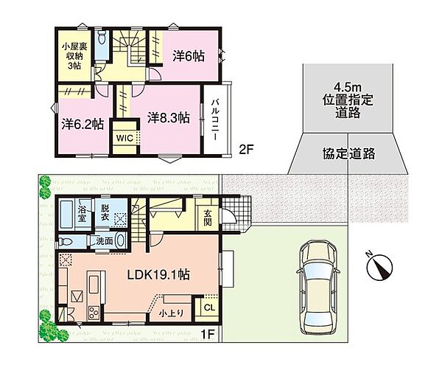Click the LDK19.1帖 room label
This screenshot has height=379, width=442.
[x=158, y=274]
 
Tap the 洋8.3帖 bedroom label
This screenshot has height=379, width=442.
[x=169, y=118]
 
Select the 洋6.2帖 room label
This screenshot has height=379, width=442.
[x=83, y=124]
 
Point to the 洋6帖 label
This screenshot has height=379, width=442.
[x=189, y=57]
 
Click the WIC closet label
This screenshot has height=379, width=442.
[x=124, y=139]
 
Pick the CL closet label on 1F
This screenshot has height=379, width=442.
[x=209, y=307]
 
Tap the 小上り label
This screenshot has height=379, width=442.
[x=172, y=313]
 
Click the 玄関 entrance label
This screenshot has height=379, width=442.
[x=208, y=218]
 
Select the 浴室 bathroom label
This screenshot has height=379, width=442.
[x=82, y=214]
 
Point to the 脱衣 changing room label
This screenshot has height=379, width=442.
[x=105, y=212]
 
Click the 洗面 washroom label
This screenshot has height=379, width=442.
[x=105, y=240]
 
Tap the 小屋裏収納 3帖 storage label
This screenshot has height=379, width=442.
[x=74, y=56]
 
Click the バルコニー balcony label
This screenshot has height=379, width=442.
[x=216, y=119]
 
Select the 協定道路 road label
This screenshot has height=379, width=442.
[x=348, y=154]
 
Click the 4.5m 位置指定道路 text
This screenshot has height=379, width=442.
[x=348, y=100]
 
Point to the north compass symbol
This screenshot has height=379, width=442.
[x=379, y=267]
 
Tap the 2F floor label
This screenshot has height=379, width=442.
[x=246, y=150]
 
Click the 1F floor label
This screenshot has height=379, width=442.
[x=208, y=334]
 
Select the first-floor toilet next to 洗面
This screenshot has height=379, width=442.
[x=65, y=242]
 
